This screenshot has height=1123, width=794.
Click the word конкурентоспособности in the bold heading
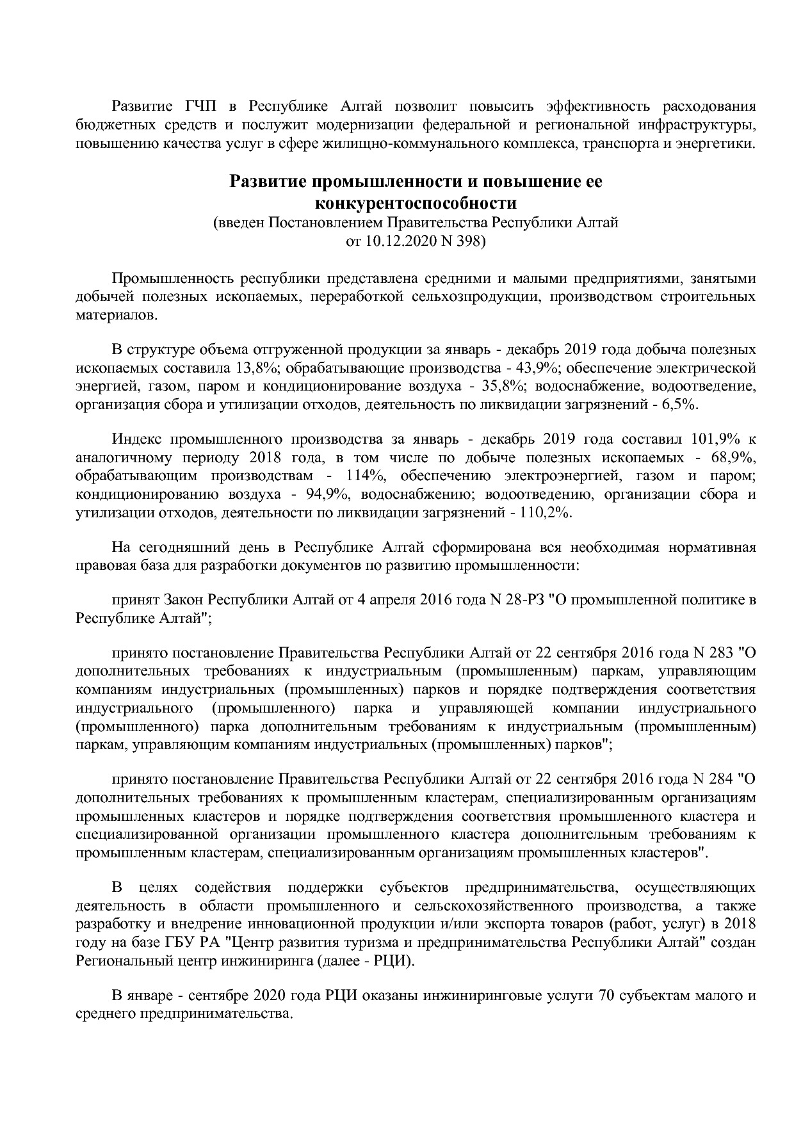pos(416,204)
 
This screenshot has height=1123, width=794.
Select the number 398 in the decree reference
pos(470,241)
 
